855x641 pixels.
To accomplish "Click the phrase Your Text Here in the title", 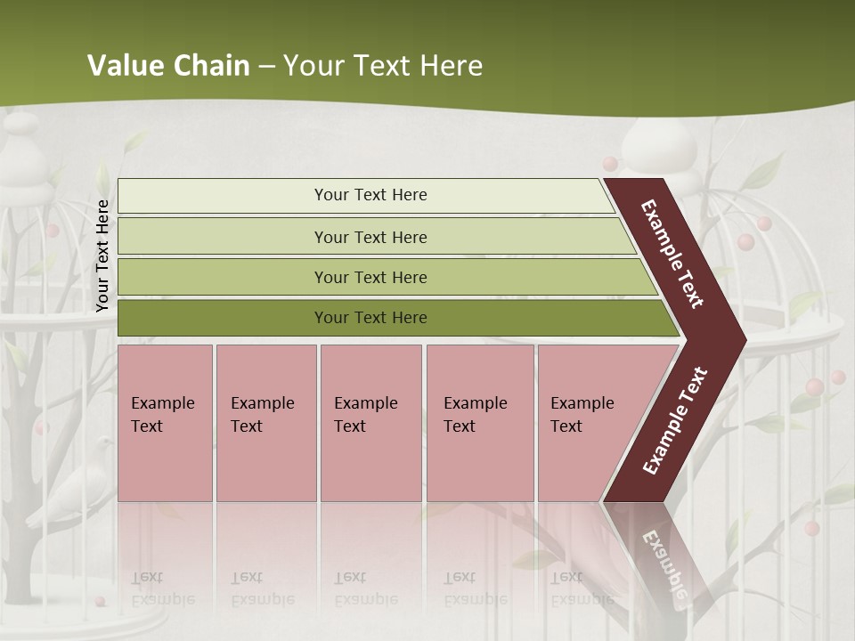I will point(383,66).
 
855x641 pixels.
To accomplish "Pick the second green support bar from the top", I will point(370,237).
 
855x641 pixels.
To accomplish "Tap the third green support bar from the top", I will point(370,277).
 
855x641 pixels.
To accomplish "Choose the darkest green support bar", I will point(370,318).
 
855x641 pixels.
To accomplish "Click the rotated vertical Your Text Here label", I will point(102,256).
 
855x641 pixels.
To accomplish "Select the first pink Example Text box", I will point(165,423).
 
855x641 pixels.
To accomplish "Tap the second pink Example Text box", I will point(265,423).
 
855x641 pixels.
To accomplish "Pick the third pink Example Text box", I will point(370,423).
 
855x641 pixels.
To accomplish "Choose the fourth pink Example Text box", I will point(479,423).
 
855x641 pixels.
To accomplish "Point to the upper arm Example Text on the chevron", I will point(672,254).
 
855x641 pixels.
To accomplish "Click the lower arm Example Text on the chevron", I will point(675,420).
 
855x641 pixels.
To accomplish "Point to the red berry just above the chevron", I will point(610,163).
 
